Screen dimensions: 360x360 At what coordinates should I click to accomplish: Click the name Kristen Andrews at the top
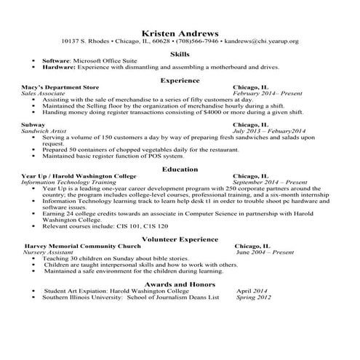pos(180,33)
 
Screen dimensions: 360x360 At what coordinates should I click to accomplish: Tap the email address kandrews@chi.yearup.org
pos(261,41)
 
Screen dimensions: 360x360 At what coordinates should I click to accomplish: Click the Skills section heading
pos(180,54)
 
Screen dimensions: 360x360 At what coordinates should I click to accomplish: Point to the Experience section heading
pos(180,81)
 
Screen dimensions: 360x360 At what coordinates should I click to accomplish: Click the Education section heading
pos(180,169)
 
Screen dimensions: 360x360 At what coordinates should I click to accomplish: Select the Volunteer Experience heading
pos(180,239)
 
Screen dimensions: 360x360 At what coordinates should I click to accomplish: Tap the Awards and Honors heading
pos(180,284)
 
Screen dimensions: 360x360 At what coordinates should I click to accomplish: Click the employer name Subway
pos(33,125)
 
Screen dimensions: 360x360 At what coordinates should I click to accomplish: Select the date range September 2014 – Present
pos(270,183)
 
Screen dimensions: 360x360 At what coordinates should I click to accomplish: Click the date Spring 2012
pos(254,297)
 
